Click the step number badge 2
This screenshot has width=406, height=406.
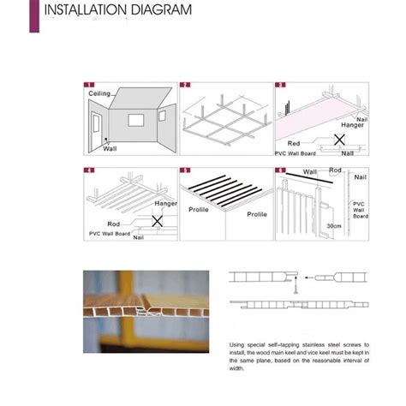coord(183,87)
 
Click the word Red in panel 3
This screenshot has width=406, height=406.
coord(294,144)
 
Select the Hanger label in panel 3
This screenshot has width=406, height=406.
coord(353,125)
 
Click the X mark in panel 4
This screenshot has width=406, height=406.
coord(157,220)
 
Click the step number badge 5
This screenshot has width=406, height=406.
coord(183,170)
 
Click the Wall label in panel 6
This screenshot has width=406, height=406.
coord(310,172)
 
